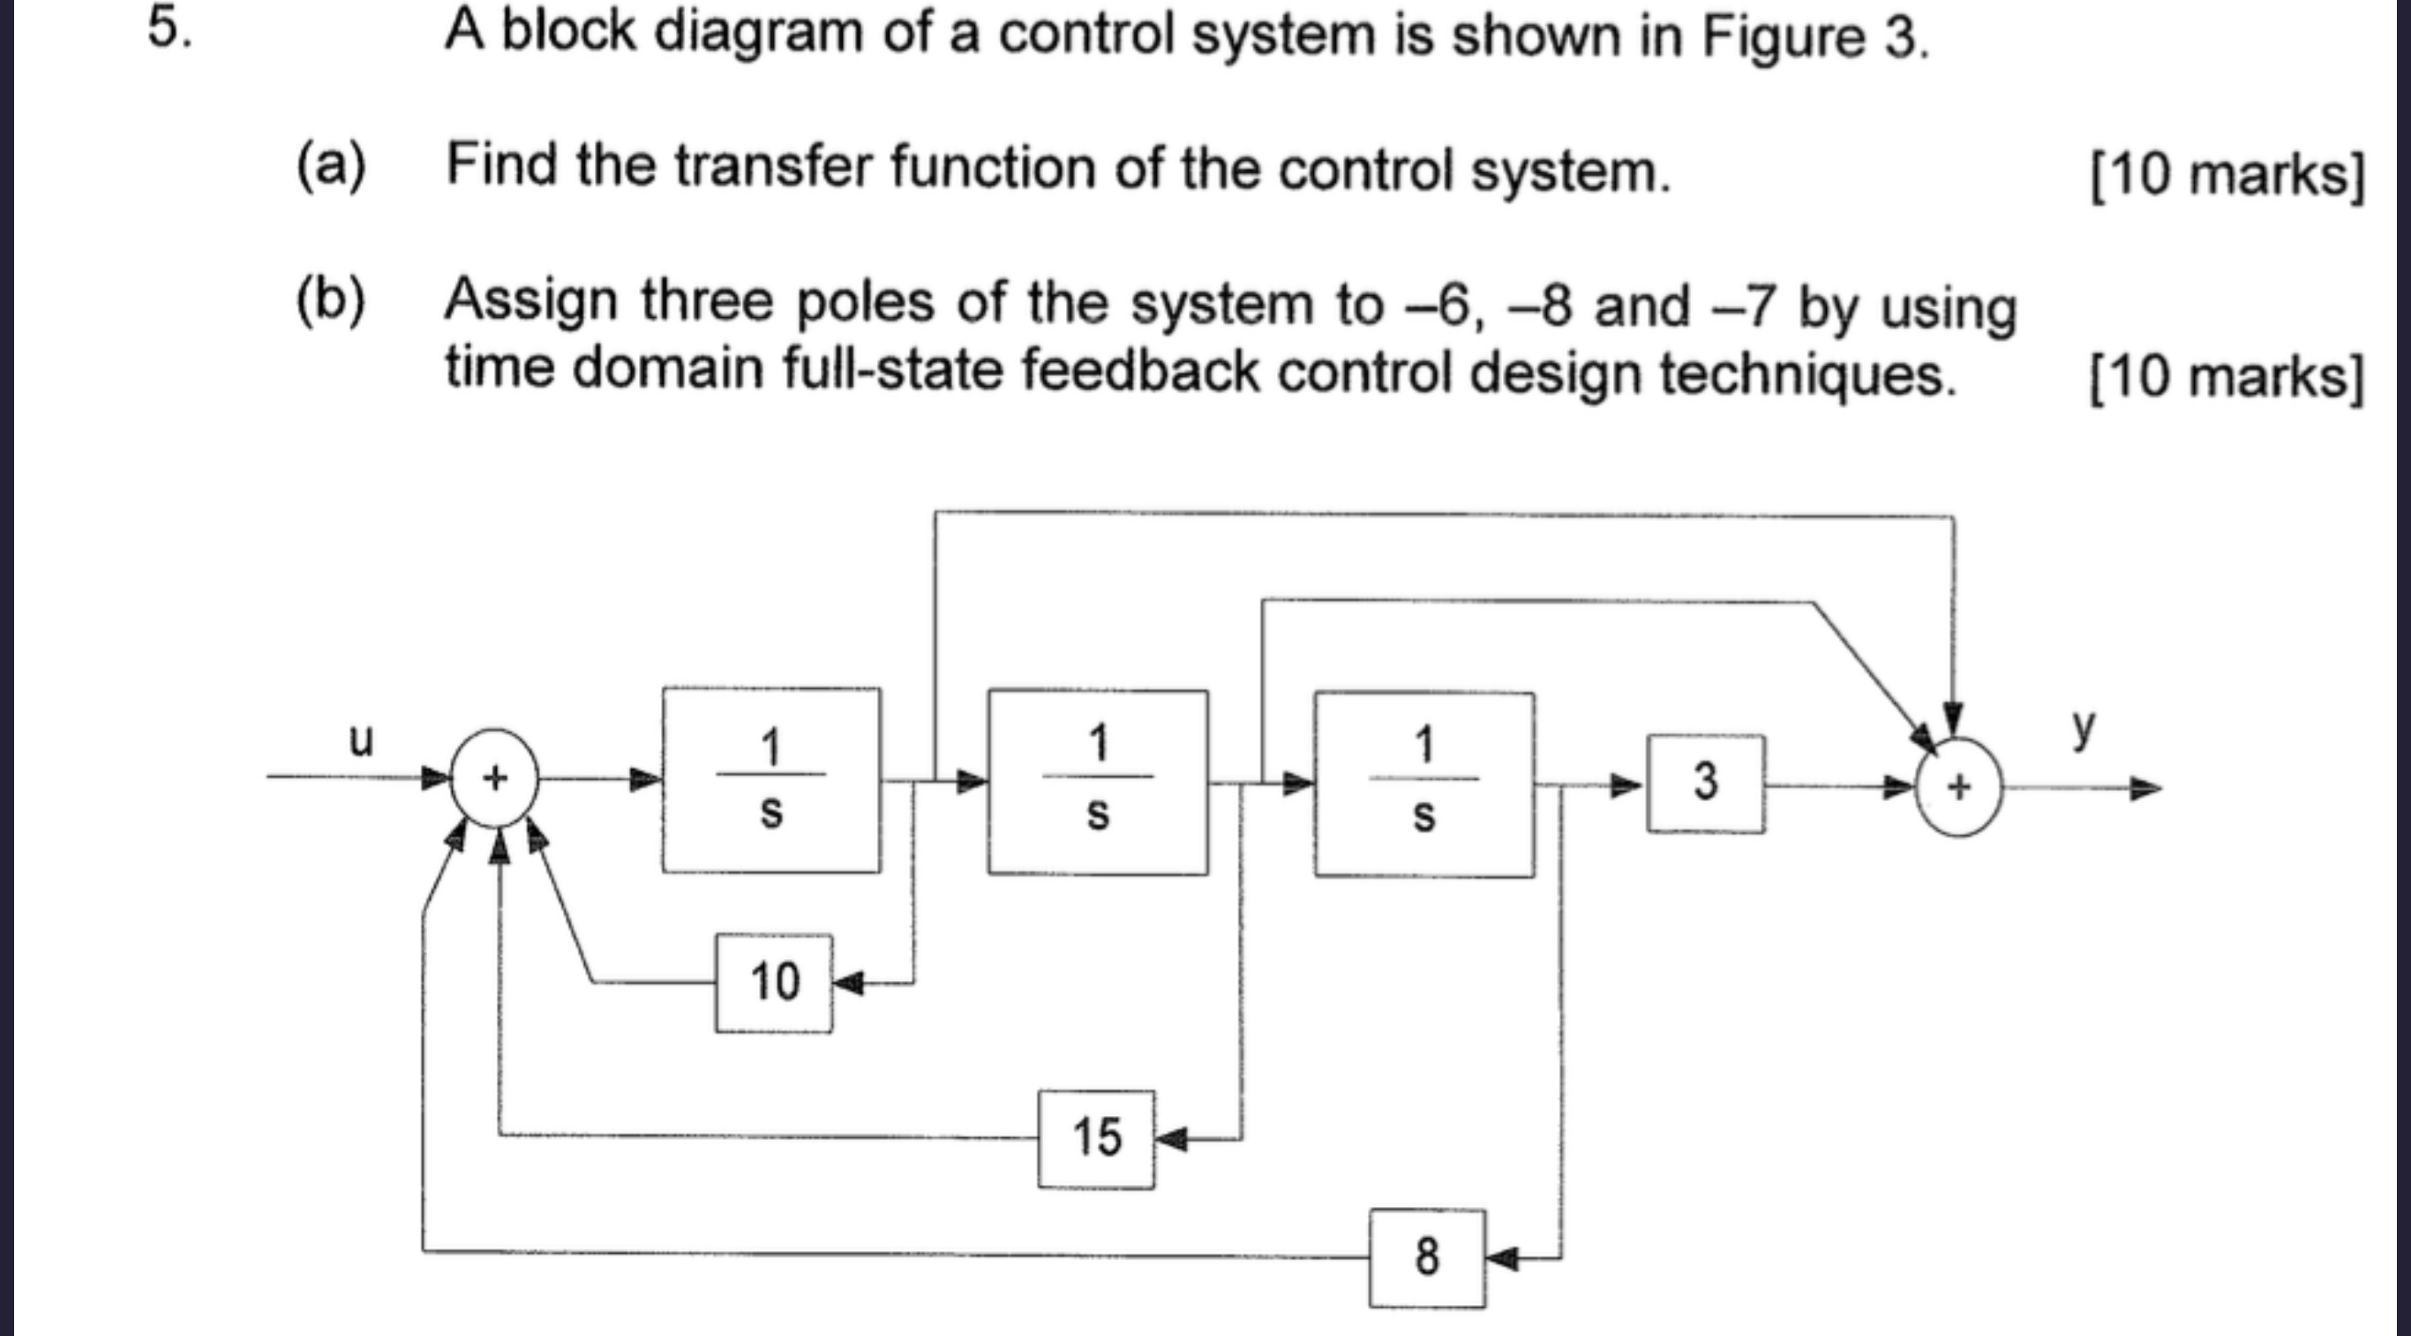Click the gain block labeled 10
[x=774, y=983]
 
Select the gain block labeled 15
[x=1096, y=1138]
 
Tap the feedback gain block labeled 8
[x=1426, y=1257]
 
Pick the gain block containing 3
[x=1705, y=782]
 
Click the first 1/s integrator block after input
[x=771, y=780]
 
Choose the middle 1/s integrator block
[x=1098, y=781]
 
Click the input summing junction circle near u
[x=495, y=778]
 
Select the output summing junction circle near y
[x=1959, y=788]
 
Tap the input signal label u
[x=360, y=740]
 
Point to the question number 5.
[x=169, y=29]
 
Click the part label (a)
[x=330, y=165]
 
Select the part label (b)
[x=330, y=300]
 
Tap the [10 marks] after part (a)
[x=2227, y=175]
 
